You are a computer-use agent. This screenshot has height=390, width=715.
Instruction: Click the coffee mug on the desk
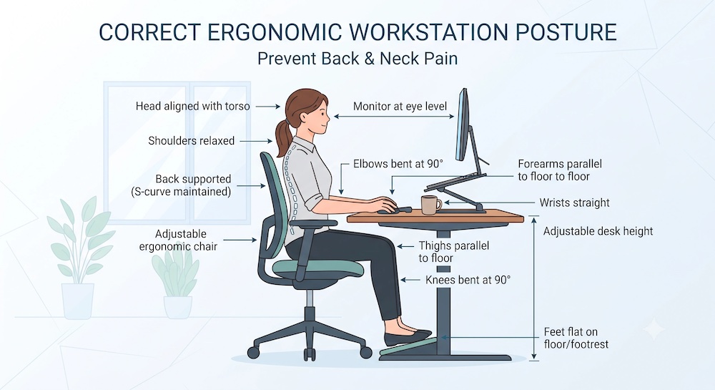(430, 205)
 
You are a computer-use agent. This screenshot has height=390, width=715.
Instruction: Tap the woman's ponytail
(284, 135)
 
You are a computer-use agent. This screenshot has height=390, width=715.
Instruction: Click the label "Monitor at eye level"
(400, 107)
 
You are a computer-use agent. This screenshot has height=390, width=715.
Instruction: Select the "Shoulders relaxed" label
(191, 140)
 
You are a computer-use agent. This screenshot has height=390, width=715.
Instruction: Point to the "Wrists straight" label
(574, 203)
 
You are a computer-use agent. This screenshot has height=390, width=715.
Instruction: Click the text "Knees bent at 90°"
(468, 280)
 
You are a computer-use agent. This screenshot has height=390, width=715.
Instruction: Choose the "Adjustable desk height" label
(598, 231)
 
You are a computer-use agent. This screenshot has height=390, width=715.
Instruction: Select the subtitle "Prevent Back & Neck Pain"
(357, 59)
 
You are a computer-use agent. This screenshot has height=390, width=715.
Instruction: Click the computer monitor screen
(463, 124)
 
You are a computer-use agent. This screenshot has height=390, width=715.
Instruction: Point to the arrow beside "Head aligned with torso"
(267, 107)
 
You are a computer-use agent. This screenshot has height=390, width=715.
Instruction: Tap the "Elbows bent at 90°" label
(398, 164)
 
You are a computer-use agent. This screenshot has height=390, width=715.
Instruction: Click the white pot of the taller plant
(77, 301)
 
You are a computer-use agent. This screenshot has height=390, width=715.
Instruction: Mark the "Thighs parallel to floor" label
(454, 252)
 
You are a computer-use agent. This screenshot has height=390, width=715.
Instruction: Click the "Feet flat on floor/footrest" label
(576, 338)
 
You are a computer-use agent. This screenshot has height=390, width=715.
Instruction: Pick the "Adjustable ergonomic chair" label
(178, 240)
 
